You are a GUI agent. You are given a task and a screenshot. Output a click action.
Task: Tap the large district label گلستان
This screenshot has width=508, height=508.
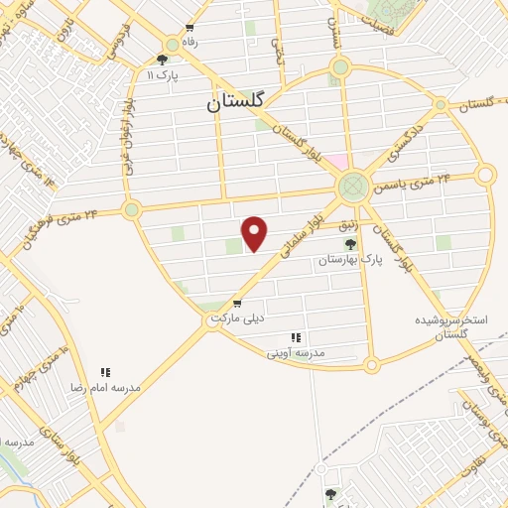click(241, 101)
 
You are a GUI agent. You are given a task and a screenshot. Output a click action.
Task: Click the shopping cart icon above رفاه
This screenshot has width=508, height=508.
click(190, 29)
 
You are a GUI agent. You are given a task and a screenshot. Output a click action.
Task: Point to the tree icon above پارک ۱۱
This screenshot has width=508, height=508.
click(162, 60)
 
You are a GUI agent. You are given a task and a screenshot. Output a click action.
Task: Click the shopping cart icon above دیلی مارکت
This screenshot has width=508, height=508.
click(236, 303)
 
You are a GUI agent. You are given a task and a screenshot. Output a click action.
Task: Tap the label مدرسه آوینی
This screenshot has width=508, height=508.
click(295, 352)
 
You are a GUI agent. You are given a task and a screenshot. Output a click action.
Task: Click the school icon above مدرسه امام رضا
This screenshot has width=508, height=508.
click(104, 372)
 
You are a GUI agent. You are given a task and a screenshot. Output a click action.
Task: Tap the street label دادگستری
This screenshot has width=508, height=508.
click(387, 145)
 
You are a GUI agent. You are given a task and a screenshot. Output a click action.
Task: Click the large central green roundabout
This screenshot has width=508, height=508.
click(351, 187)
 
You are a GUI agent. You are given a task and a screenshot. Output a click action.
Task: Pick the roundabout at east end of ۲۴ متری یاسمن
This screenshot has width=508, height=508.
click(484, 176)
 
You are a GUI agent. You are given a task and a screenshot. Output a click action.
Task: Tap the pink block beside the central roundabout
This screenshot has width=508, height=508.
click(339, 162)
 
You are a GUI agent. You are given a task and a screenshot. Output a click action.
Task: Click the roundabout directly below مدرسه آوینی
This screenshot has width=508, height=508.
click(372, 365)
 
